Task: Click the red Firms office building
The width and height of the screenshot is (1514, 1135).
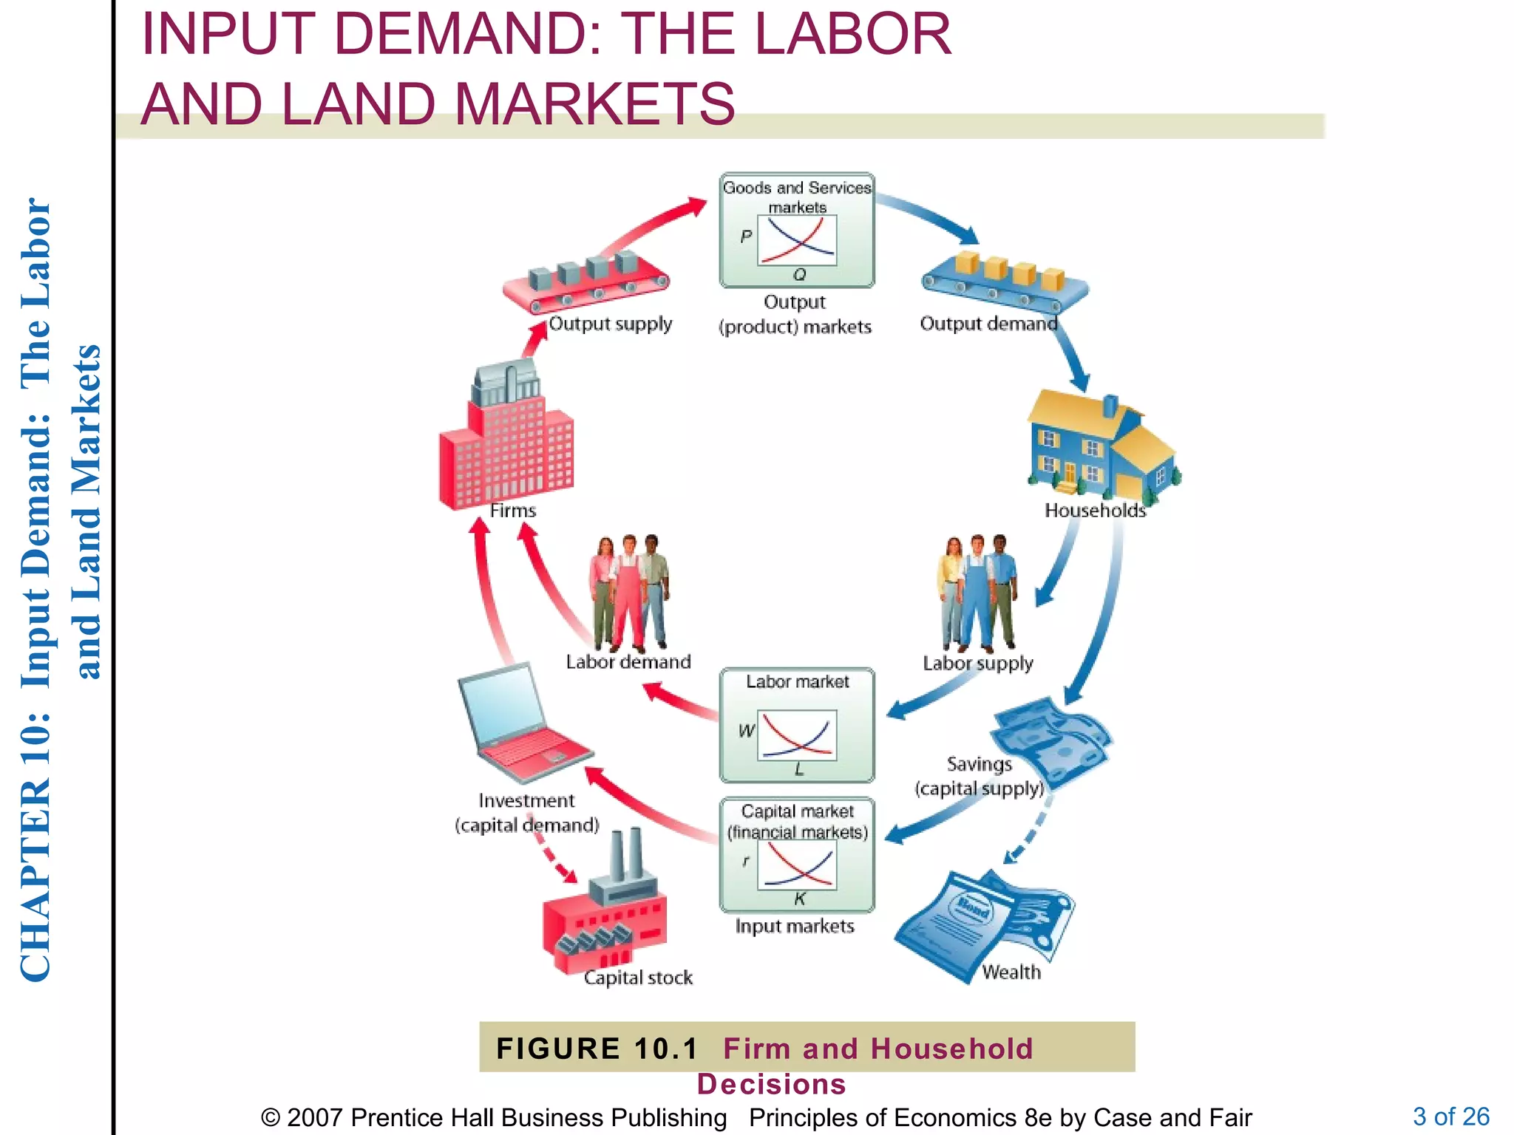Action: (506, 443)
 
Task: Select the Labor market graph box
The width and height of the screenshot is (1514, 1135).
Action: (797, 726)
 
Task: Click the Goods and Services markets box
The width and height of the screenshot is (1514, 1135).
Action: (797, 231)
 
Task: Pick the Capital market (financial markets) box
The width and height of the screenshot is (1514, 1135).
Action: (797, 855)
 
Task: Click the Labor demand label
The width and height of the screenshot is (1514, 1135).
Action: (628, 662)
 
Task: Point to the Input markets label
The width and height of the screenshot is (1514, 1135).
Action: (795, 927)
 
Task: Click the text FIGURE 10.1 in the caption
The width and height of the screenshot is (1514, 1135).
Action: (597, 1049)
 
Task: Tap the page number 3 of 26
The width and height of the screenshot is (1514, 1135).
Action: (1450, 1116)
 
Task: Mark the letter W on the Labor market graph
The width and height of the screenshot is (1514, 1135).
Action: (746, 731)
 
